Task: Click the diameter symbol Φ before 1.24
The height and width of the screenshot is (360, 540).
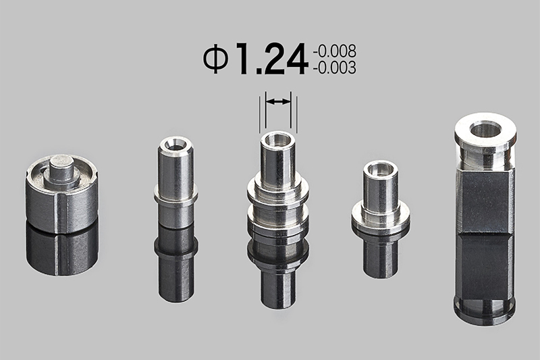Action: (216, 59)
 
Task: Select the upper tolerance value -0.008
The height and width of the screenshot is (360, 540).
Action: (334, 51)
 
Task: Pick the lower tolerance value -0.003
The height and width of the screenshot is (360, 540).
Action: (334, 68)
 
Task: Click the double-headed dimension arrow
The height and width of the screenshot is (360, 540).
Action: (278, 101)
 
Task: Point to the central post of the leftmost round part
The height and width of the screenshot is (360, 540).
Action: (61, 170)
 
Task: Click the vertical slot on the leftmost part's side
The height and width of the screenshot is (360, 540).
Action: (61, 213)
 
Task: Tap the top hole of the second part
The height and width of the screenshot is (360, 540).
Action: (175, 143)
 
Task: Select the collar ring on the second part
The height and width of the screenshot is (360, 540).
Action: (175, 195)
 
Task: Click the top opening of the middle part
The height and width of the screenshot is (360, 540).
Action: (277, 139)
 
